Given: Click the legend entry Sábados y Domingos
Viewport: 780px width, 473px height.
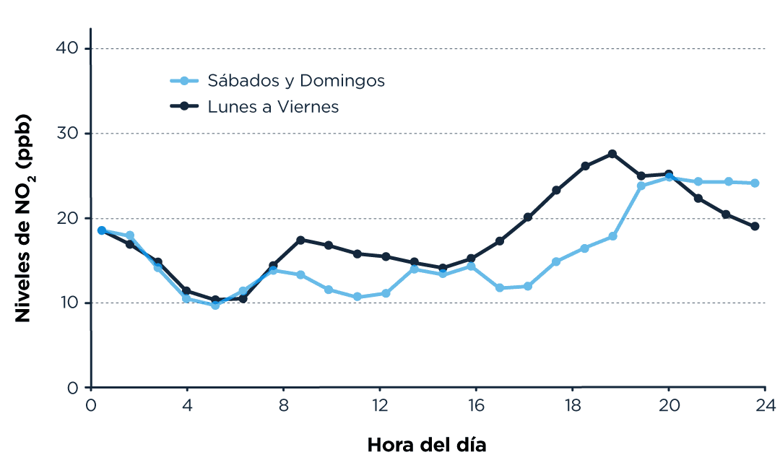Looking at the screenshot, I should (296, 80).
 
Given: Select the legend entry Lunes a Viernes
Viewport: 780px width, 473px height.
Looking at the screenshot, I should (273, 106).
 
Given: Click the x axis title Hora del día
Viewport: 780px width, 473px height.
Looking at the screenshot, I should (427, 445).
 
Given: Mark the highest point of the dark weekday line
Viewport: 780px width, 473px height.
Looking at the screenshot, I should (612, 154).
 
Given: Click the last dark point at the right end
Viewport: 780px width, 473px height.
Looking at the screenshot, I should (755, 226).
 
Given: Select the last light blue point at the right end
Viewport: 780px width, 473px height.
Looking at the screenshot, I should (755, 183).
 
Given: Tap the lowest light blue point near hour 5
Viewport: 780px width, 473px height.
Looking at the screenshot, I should (215, 305).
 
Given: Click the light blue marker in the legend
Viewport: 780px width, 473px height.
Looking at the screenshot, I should (184, 80).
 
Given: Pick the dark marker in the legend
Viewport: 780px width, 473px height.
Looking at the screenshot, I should (184, 106).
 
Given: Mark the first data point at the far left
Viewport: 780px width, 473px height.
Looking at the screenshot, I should (102, 230).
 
